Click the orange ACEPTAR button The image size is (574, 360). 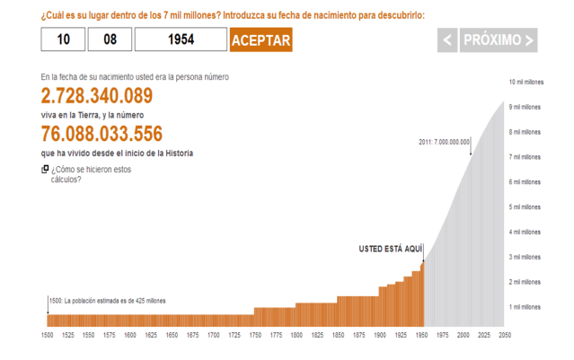[261, 40]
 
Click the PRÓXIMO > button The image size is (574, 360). [499, 40]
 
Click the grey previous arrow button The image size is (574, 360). [447, 40]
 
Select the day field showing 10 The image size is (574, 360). [63, 40]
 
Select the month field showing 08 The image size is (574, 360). [110, 40]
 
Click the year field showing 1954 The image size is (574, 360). [181, 40]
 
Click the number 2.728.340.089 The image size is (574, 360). [97, 96]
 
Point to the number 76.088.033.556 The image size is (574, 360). [102, 134]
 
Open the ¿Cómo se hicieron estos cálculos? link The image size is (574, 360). [91, 173]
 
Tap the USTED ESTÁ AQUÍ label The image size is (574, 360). [389, 247]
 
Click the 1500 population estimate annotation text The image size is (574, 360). [108, 301]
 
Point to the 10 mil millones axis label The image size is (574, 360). [525, 82]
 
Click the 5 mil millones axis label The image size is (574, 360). [525, 207]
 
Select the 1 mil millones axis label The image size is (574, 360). [525, 307]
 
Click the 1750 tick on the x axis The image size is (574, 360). [255, 335]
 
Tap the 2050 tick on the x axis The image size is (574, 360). [504, 335]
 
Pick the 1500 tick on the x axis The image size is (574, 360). [48, 335]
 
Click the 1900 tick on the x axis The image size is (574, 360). [379, 335]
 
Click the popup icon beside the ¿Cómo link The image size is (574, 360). [45, 169]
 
